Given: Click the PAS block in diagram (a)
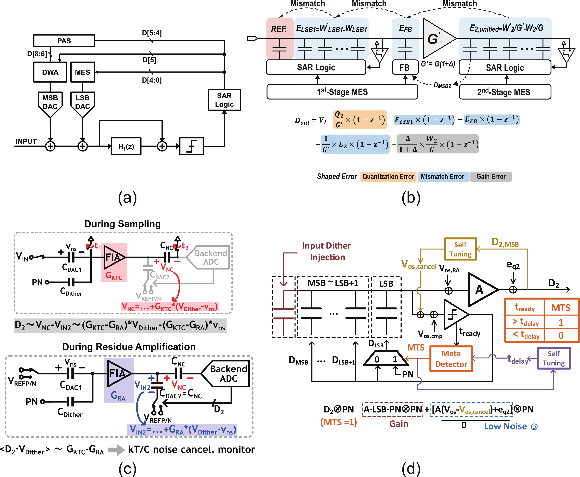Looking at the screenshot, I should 64,41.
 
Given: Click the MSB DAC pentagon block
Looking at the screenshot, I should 50,103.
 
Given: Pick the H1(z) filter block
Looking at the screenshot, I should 126,146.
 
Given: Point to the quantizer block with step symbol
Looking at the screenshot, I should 191,146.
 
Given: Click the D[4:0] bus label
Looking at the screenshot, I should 152,80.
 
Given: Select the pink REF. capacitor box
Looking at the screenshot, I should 280,38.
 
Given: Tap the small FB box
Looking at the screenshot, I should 405,68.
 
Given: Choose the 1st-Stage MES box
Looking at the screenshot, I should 342,92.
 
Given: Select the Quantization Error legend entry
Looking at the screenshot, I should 388,177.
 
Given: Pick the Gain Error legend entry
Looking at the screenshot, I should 491,177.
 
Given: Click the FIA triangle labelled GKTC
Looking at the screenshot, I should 113,257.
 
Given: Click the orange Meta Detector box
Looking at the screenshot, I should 451,359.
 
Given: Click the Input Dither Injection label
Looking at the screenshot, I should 327,251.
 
